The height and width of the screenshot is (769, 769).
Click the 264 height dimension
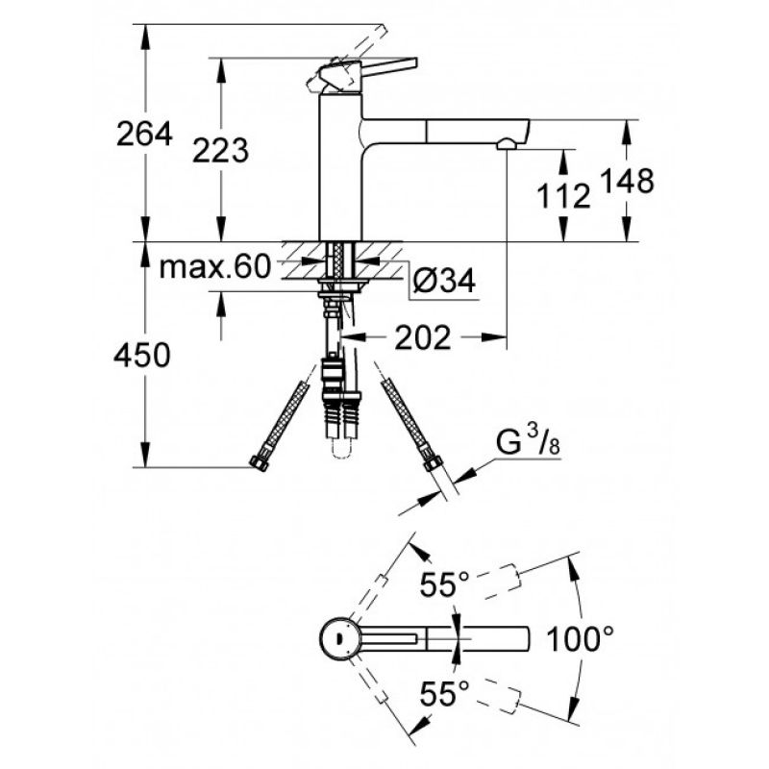(144, 134)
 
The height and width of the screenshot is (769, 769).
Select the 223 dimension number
(221, 150)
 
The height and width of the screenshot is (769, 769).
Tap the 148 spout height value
(628, 181)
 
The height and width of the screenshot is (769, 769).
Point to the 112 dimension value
(563, 196)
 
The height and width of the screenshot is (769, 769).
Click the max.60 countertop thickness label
(215, 267)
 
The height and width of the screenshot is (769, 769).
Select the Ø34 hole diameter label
(444, 281)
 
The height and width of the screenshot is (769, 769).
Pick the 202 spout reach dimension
(423, 337)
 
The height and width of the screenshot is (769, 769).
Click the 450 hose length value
(142, 355)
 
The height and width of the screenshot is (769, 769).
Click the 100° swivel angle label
(580, 639)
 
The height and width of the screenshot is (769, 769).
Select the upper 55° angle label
(444, 584)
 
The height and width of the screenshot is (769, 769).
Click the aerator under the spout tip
(508, 144)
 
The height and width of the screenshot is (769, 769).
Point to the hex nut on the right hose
(432, 462)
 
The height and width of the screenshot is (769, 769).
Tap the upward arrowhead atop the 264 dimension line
(145, 36)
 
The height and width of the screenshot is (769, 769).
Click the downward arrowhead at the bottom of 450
(145, 455)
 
